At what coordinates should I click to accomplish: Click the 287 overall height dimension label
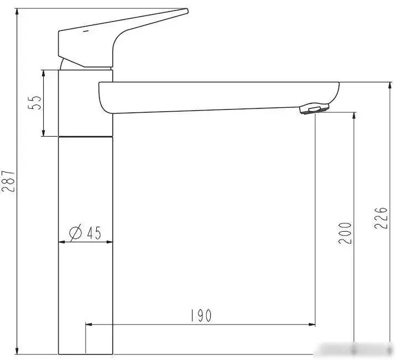coord(8,181)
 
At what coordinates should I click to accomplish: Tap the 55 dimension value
coord(34,103)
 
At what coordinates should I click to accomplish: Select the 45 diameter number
coord(93,233)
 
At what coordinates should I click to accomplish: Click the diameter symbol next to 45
coord(76,233)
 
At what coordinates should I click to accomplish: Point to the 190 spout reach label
coord(200,316)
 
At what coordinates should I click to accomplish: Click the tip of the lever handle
coord(185,11)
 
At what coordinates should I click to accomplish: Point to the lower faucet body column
coord(86,243)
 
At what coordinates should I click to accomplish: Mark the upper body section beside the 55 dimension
coord(86,102)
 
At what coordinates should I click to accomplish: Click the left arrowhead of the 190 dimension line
coord(88,325)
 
